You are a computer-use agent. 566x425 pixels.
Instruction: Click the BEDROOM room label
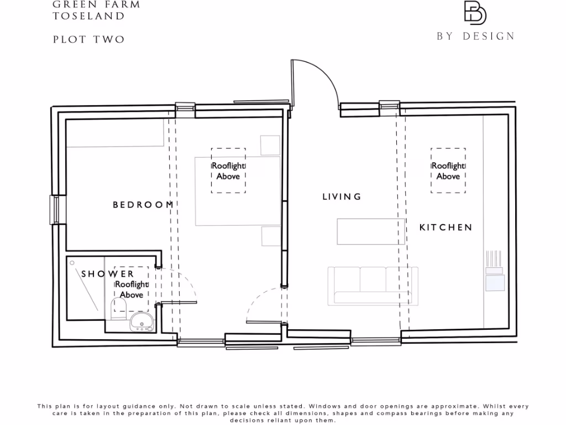pos(143,205)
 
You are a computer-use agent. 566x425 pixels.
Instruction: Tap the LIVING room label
pos(342,196)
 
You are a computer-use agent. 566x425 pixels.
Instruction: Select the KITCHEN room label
pos(446,227)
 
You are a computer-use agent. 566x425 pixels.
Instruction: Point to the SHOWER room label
pos(108,274)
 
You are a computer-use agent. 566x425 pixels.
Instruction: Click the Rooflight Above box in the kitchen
pos(448,170)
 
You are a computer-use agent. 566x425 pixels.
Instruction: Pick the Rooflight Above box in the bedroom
pos(228,170)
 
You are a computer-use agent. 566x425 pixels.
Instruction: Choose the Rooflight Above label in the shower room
pos(132,289)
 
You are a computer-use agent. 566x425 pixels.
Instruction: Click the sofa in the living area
pos(373,286)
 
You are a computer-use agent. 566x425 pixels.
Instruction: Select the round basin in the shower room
pos(140,322)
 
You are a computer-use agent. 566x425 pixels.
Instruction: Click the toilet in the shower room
pos(119,307)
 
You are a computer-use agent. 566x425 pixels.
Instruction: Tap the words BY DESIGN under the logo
pos(475,37)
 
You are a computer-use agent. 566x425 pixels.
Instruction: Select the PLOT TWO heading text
pos(88,39)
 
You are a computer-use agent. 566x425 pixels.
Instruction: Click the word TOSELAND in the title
pos(88,16)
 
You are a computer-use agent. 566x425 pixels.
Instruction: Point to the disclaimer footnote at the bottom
pos(283,413)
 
